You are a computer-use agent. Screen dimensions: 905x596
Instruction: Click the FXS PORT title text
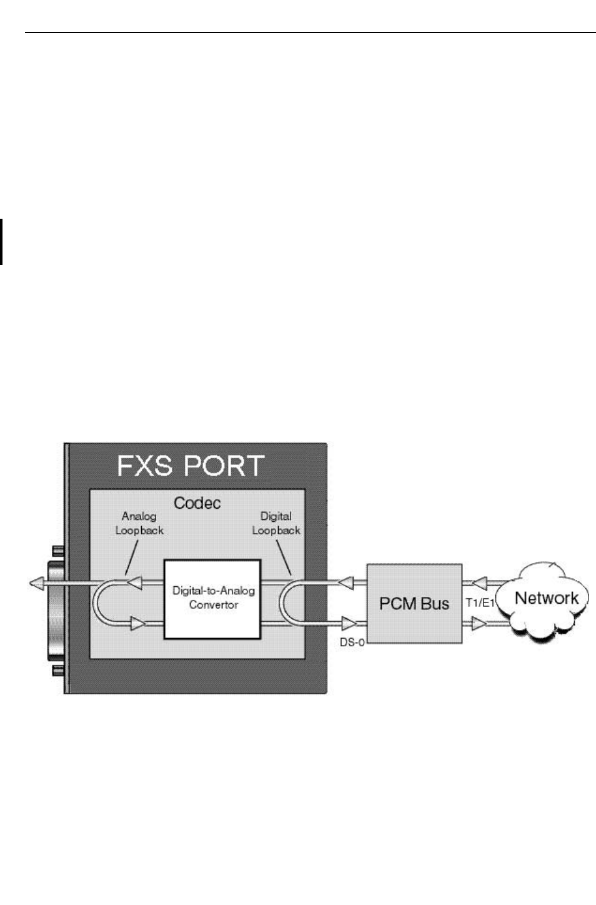coord(191,466)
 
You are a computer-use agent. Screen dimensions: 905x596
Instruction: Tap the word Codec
coord(197,503)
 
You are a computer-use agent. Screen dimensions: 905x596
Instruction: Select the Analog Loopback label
coord(139,523)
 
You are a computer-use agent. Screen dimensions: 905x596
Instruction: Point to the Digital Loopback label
coord(276,523)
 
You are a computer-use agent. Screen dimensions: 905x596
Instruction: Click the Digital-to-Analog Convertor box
coord(213,598)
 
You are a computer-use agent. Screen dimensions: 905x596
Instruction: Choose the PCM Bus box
coord(414,604)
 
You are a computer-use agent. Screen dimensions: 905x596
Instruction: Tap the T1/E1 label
coord(480,603)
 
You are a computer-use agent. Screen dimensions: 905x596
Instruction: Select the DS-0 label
coord(352,642)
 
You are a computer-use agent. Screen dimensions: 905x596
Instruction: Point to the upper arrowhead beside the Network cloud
coord(479,584)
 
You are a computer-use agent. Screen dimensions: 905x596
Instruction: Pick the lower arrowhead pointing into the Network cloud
coord(479,623)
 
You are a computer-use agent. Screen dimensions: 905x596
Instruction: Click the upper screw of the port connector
coord(57,551)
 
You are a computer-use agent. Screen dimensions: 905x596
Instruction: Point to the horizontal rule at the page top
coord(310,32)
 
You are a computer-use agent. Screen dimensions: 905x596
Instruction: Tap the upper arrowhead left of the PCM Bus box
coord(345,584)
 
